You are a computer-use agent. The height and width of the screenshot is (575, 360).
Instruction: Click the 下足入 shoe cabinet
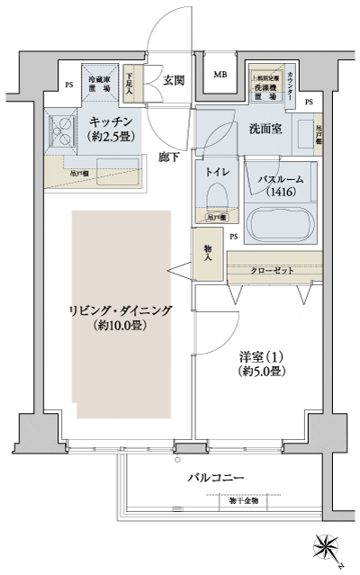point(130,85)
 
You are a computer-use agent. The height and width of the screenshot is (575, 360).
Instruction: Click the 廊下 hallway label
point(168,157)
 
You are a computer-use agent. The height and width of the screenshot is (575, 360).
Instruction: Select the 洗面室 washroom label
point(265,129)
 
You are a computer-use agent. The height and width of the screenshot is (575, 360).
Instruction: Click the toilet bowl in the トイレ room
point(215,196)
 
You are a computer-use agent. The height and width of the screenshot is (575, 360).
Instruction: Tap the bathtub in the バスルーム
point(281,221)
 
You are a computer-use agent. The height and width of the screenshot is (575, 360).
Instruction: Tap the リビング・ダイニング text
point(120,310)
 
